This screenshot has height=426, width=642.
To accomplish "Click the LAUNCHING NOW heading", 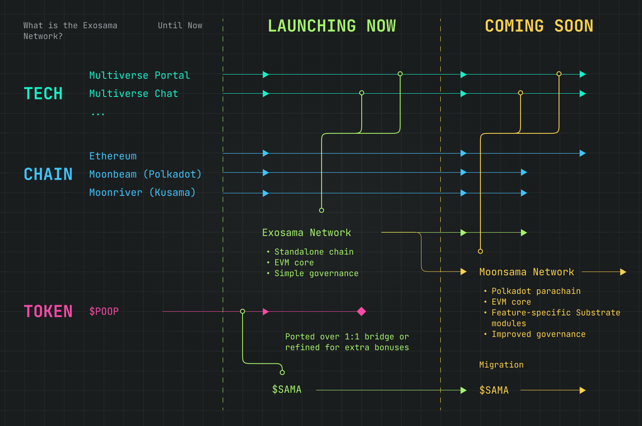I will [x=332, y=26].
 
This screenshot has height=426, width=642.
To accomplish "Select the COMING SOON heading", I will [x=539, y=26].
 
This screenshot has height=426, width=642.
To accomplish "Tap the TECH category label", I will [x=43, y=94].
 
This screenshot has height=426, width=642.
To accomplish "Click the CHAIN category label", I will [x=48, y=174].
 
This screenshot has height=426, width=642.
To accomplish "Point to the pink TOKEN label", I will [x=48, y=311].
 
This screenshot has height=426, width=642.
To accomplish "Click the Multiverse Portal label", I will [x=140, y=75].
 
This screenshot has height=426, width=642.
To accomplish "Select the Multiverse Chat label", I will [x=134, y=94].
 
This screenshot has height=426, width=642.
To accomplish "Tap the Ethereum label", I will [x=113, y=156].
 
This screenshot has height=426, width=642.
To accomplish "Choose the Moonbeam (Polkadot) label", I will [x=146, y=174].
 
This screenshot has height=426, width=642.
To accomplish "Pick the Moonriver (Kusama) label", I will [x=142, y=192].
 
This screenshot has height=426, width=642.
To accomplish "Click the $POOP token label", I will [x=104, y=311].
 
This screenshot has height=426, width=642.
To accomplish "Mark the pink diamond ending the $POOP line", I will [x=361, y=311].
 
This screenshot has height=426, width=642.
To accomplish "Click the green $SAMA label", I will [x=287, y=390].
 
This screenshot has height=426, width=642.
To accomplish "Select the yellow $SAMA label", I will [x=494, y=390].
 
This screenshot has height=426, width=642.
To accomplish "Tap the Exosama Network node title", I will [x=307, y=232].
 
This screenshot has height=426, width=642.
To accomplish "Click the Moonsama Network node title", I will [x=526, y=272].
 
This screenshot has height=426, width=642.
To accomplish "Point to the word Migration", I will [x=501, y=364].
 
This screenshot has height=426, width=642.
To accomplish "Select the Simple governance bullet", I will [x=316, y=273].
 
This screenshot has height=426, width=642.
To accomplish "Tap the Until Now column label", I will [x=180, y=25].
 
